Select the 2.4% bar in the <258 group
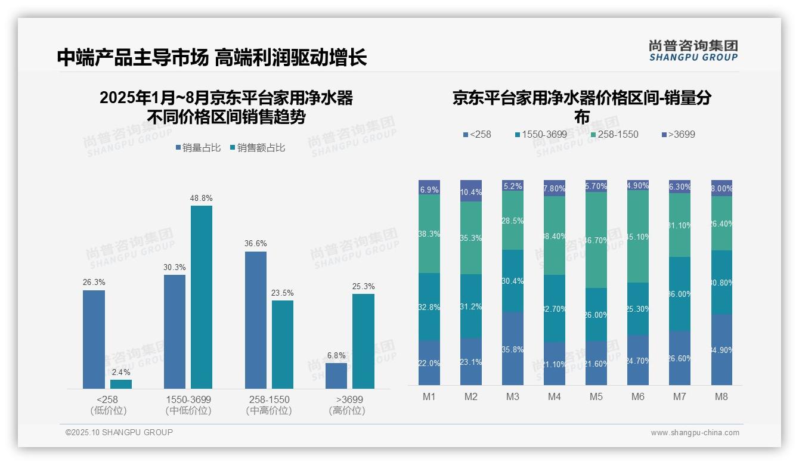tap(121, 384)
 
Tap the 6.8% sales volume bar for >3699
tap(336, 376)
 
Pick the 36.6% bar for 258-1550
tap(256, 320)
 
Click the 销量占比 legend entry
tap(200, 147)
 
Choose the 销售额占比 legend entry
tap(257, 147)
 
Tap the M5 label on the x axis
tap(596, 397)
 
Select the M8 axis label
tap(721, 397)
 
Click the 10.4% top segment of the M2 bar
tap(471, 191)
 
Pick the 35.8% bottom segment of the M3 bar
tap(513, 349)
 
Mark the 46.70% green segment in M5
tap(596, 240)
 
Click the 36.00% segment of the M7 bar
tap(680, 294)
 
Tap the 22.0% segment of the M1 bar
tap(429, 363)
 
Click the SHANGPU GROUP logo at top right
tap(693, 50)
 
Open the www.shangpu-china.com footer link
tap(695, 433)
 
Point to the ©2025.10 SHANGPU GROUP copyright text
tap(119, 432)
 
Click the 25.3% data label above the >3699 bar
tap(363, 287)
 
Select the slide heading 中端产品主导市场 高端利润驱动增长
tap(212, 57)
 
